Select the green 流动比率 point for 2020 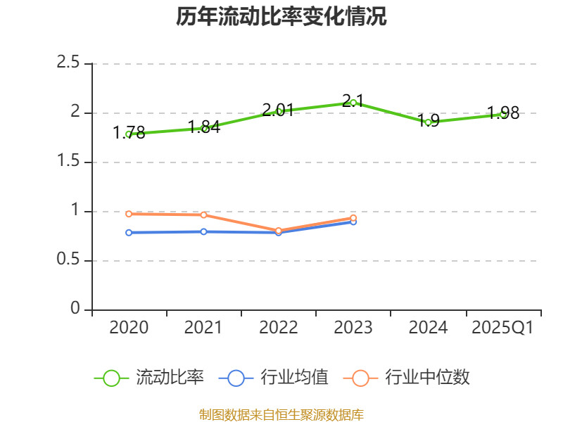coord(129,134)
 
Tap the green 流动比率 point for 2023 coord(353,103)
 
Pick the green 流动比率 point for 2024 coord(428,122)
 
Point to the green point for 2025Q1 coord(503,113)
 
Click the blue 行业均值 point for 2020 coord(129,232)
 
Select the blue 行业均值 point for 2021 coord(204,231)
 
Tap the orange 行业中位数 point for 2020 coord(129,214)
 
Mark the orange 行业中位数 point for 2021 coord(204,215)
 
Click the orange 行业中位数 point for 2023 coord(353,217)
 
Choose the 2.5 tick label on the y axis coord(68,63)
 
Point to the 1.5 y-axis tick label coord(68,162)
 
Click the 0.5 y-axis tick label coord(68,260)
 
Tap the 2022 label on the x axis coord(279,328)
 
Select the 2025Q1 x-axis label coord(502,328)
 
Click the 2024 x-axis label coord(428,328)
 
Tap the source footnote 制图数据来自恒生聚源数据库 coord(281,414)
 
